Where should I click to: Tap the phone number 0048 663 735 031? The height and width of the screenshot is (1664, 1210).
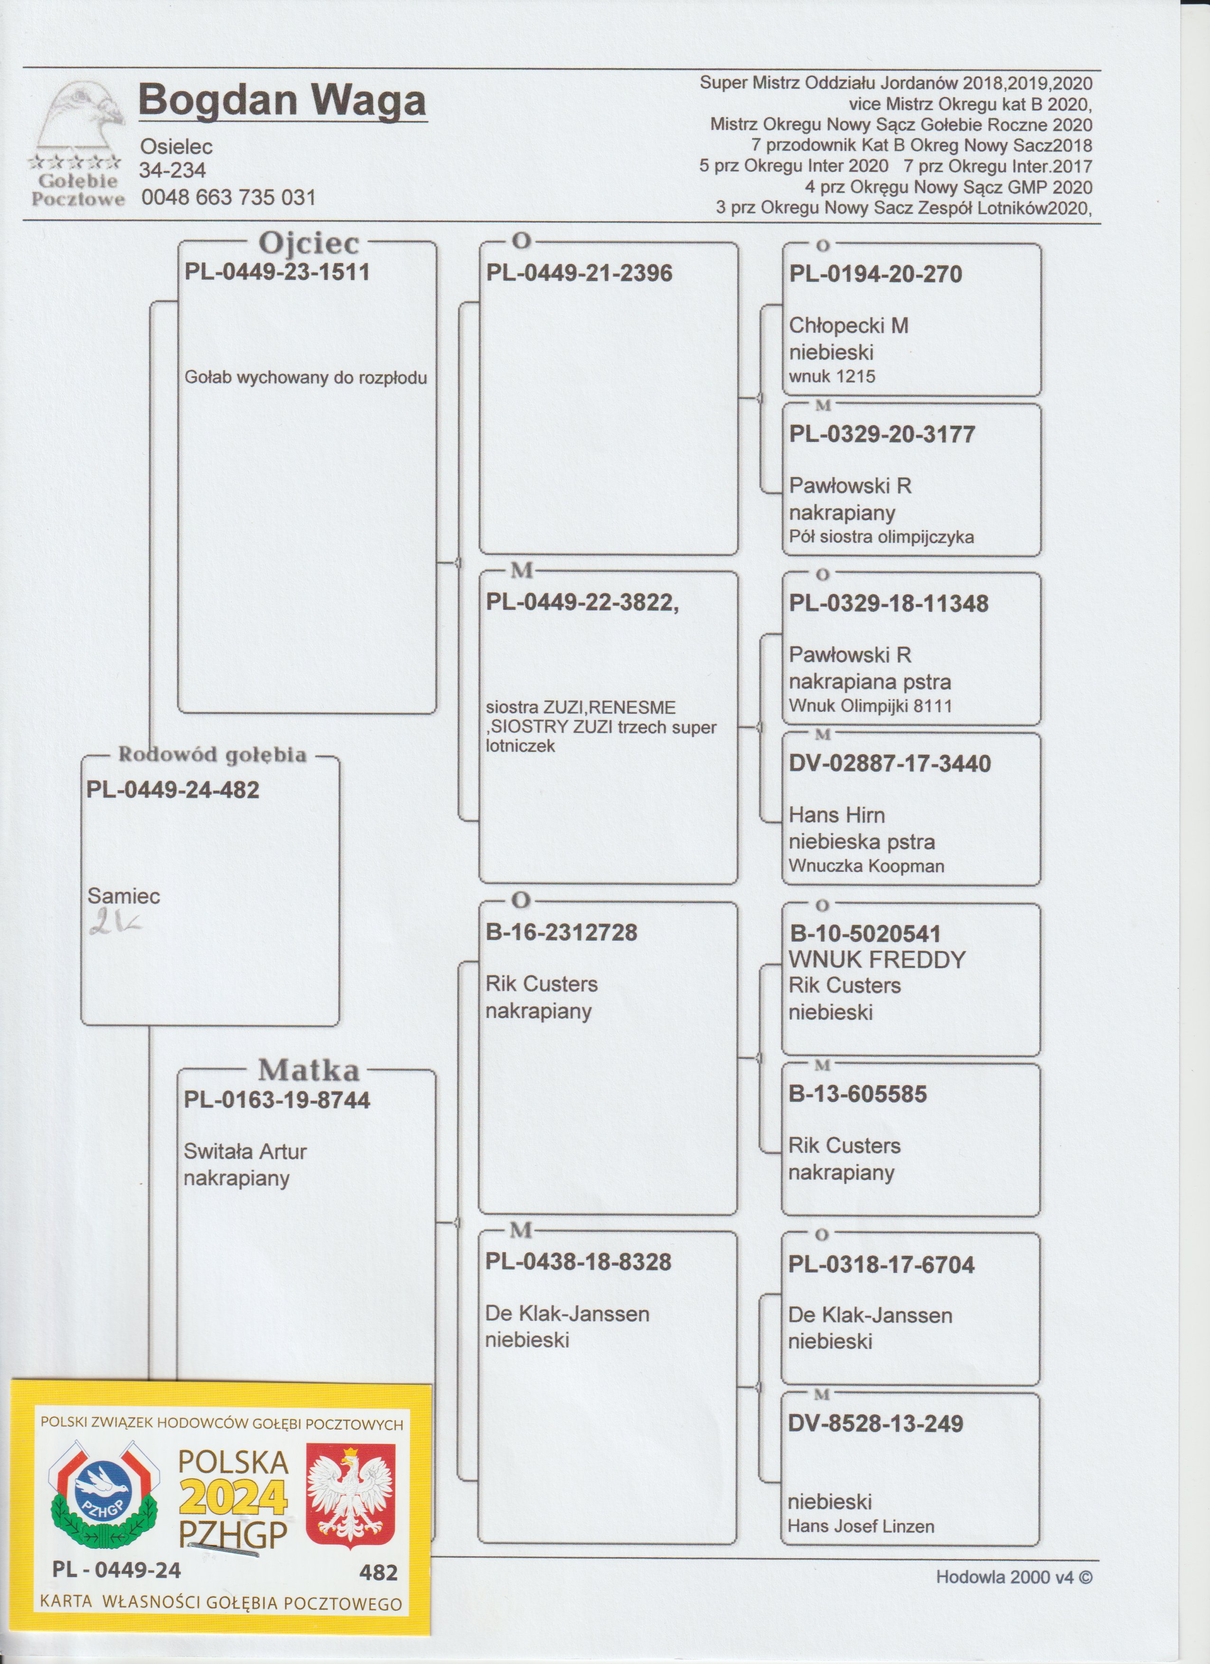[x=228, y=197]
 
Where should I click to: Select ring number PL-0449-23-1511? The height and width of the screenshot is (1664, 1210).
[x=277, y=272]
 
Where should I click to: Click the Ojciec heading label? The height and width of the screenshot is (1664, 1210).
[x=309, y=243]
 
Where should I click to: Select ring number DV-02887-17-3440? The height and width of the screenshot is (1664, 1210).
[x=890, y=764]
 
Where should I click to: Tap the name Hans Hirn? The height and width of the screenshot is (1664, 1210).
[x=837, y=815]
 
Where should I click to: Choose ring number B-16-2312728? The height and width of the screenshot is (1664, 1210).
[x=562, y=933]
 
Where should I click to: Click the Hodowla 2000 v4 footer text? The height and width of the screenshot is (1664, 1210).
[x=1014, y=1578]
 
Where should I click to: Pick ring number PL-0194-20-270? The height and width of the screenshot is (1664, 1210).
[x=875, y=274]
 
